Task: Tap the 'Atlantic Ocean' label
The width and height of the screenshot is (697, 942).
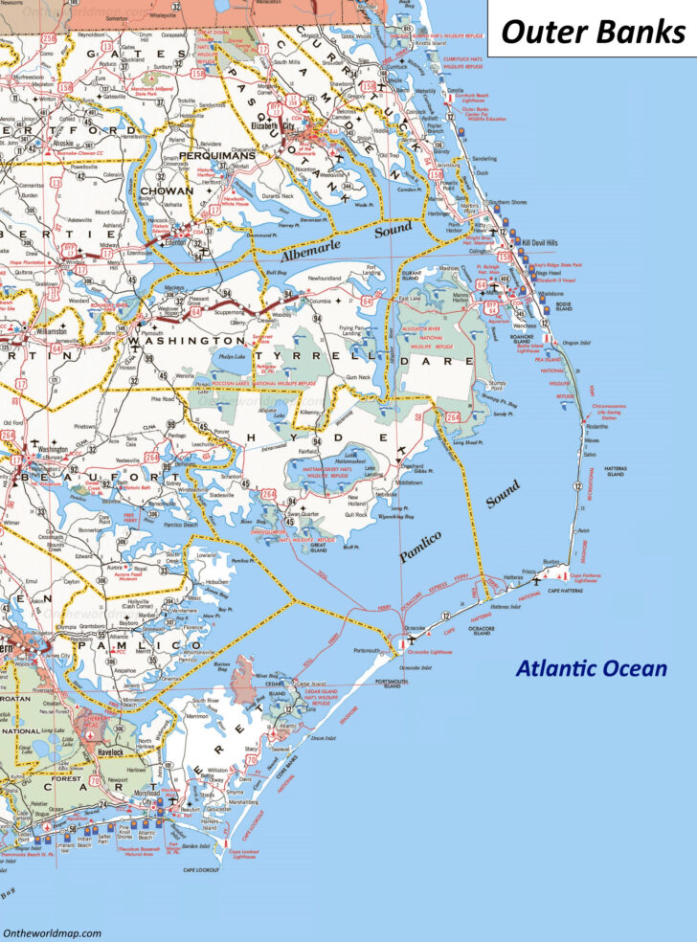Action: pos(591,668)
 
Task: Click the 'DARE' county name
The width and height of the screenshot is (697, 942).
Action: pos(449,361)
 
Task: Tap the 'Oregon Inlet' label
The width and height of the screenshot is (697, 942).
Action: pos(577,343)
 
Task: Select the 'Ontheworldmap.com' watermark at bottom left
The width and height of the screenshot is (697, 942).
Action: pos(52,931)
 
